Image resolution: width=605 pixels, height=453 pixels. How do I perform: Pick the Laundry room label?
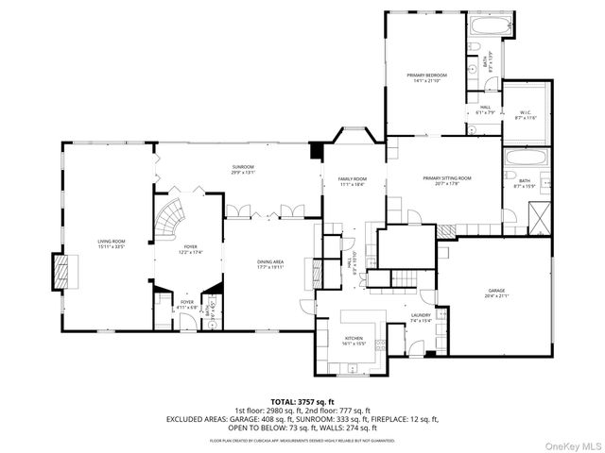click(x=420, y=316)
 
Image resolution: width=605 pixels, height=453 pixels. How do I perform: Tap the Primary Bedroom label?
click(x=427, y=75)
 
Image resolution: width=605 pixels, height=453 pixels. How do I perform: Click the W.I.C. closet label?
click(x=526, y=113)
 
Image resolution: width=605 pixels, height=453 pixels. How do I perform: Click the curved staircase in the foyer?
click(x=173, y=219)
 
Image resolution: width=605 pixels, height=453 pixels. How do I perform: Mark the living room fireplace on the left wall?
click(x=63, y=272)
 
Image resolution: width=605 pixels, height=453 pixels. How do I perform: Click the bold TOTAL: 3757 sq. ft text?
click(x=302, y=401)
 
